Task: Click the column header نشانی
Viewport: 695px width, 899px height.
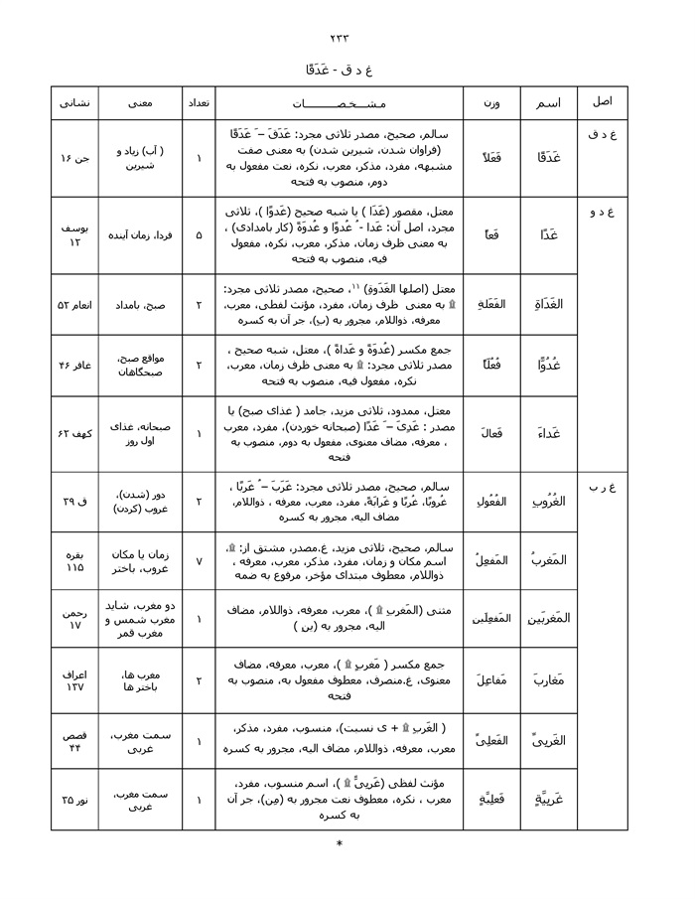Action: [74, 103]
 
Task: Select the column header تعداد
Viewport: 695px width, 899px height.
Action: [198, 103]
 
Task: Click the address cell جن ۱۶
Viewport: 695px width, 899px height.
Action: [74, 159]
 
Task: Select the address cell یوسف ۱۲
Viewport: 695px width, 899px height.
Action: [74, 235]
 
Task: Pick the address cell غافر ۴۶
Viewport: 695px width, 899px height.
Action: [74, 366]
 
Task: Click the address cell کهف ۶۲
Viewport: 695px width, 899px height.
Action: [74, 434]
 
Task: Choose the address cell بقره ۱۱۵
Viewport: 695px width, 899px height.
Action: [74, 561]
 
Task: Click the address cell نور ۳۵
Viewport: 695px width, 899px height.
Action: [74, 800]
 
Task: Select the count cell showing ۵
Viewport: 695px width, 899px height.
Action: [198, 235]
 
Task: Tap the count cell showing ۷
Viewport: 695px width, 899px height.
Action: [198, 561]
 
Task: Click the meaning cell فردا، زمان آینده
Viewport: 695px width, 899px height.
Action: [139, 235]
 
